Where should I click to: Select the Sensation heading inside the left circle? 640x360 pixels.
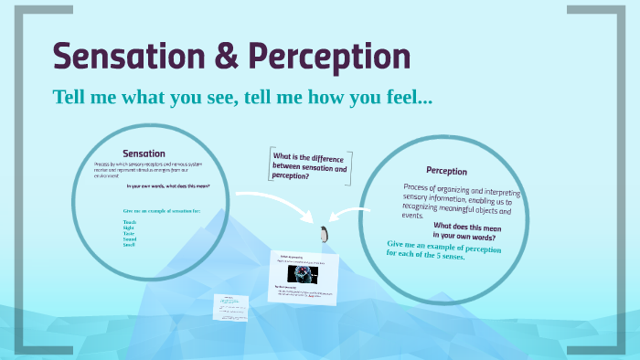coord(144,154)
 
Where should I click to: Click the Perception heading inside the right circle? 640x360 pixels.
coord(446,171)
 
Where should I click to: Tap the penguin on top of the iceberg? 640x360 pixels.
coord(323,235)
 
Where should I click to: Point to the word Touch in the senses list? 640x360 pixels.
coord(129,222)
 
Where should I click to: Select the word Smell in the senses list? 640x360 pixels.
coord(129,245)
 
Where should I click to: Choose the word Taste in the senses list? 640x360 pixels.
coord(129,233)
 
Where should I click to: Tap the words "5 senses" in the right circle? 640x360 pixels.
coord(447,256)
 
